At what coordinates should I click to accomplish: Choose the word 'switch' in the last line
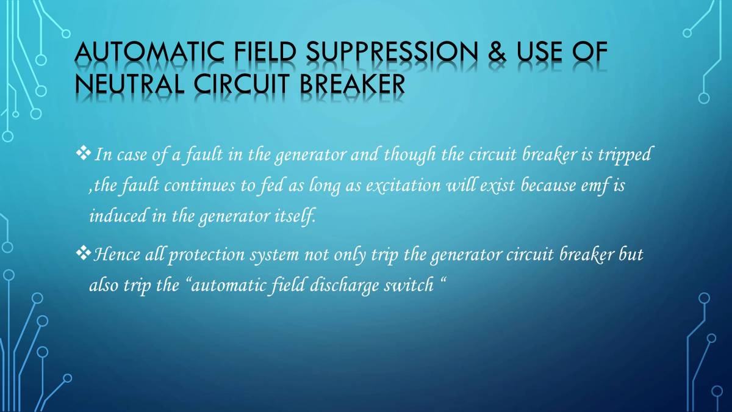(407, 285)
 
